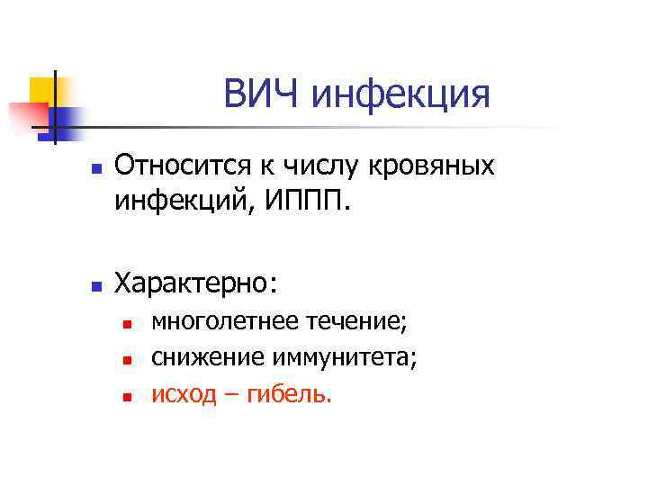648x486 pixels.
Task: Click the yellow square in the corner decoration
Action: coord(41,90)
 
